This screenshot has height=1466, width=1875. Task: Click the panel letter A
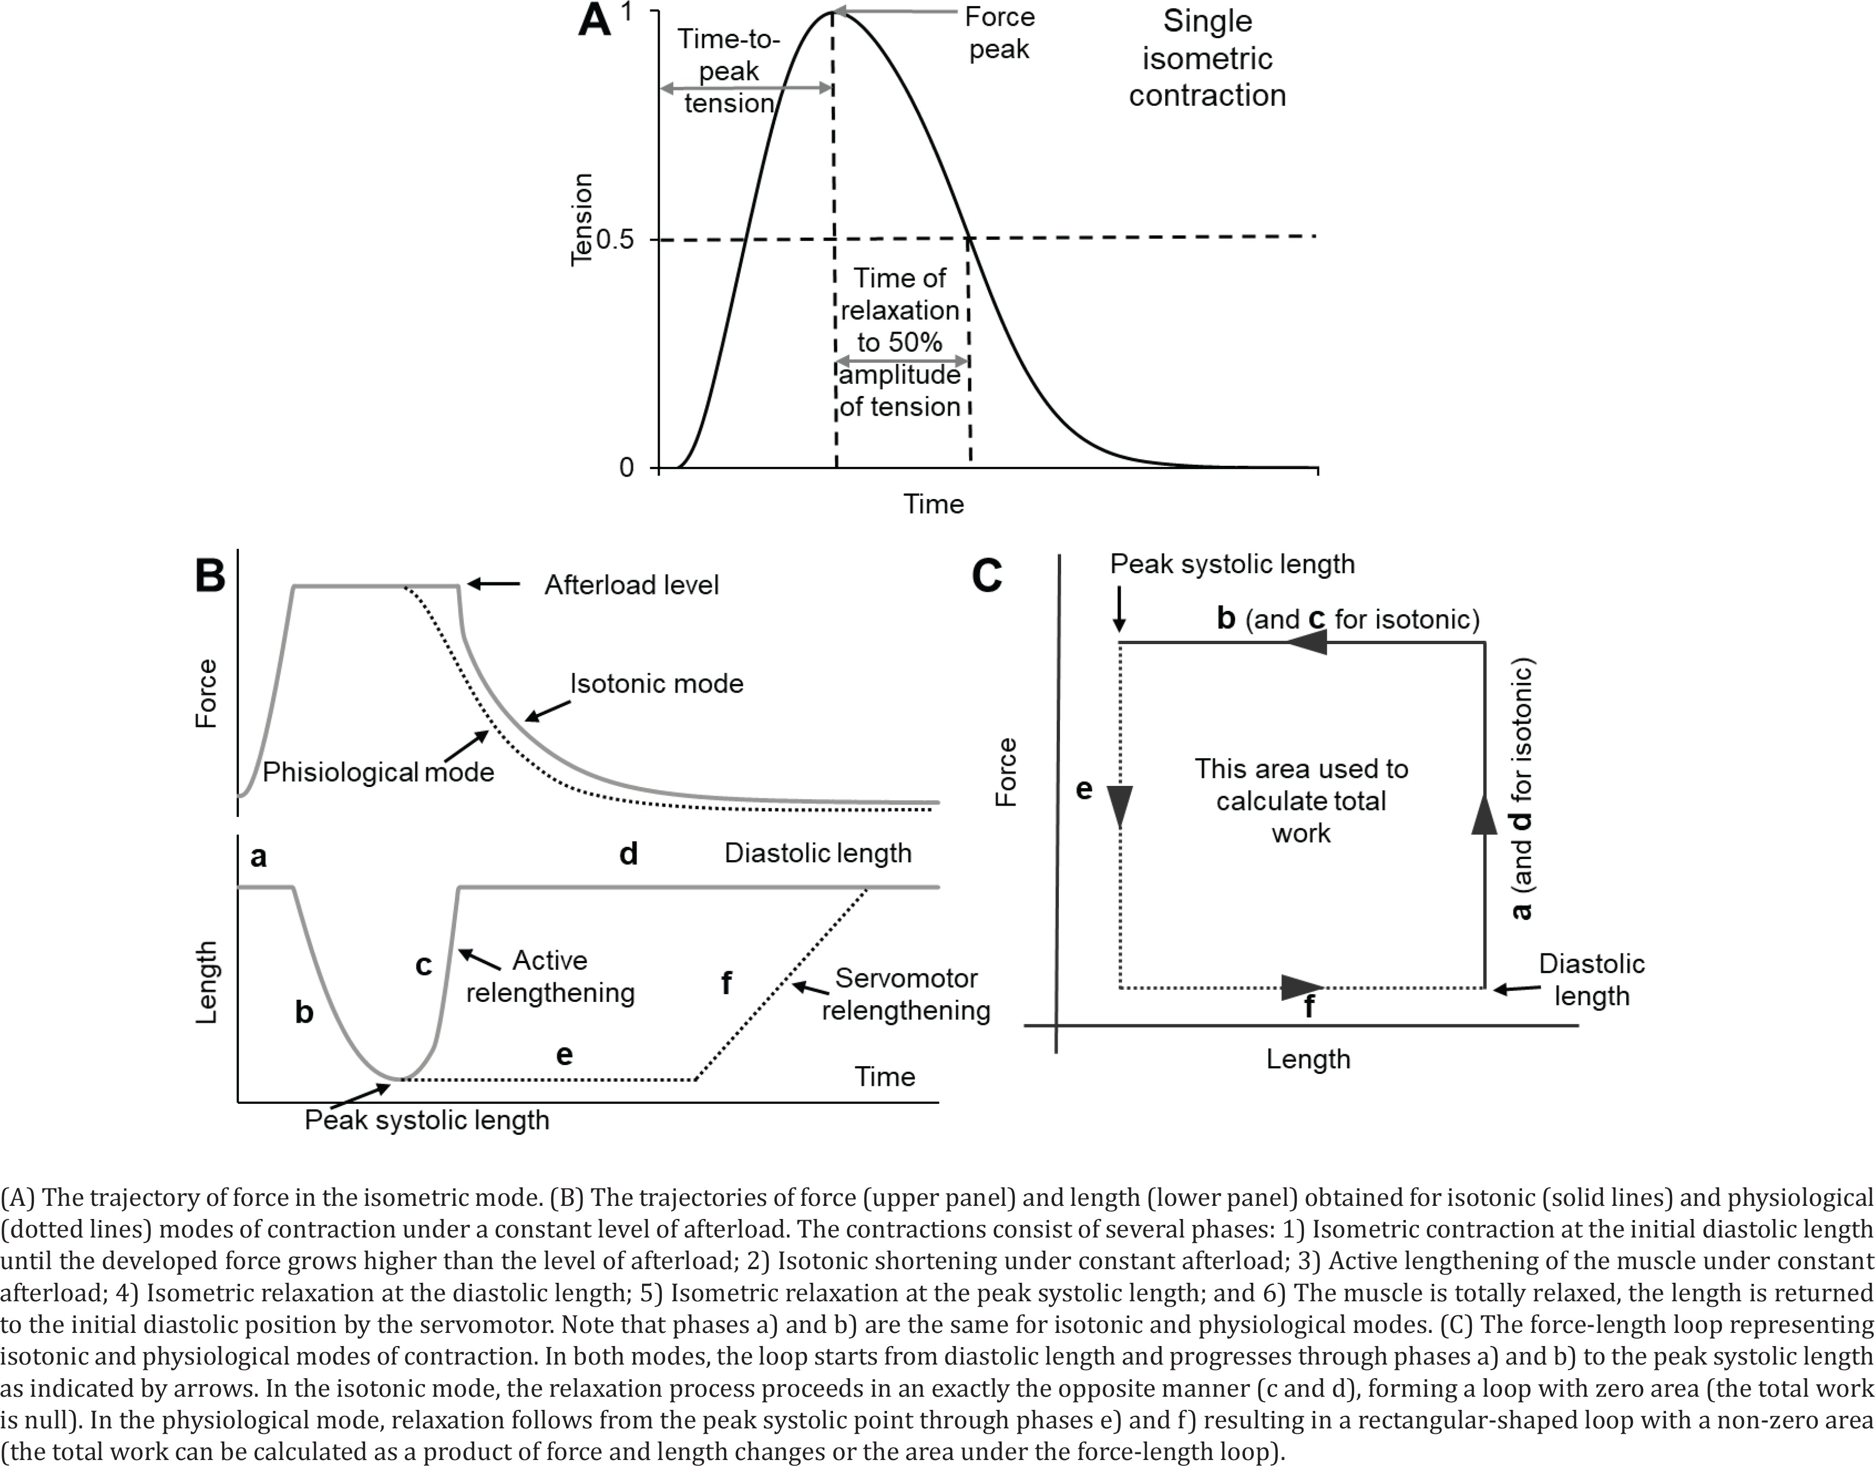pyautogui.click(x=594, y=21)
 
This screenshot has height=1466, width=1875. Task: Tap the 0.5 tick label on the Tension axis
pyautogui.click(x=615, y=239)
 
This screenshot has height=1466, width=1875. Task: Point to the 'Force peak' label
pyautogui.click(x=999, y=33)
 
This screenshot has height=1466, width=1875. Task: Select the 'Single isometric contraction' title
pyautogui.click(x=1207, y=57)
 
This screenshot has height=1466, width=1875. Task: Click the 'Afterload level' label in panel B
pyautogui.click(x=632, y=585)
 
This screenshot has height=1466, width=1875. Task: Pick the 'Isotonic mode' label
pyautogui.click(x=657, y=684)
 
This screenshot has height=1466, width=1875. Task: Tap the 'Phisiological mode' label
pyautogui.click(x=378, y=772)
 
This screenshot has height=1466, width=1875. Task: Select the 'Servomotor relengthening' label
pyautogui.click(x=906, y=994)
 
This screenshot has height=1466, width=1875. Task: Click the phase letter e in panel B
pyautogui.click(x=564, y=1055)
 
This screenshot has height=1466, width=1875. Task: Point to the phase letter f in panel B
pyautogui.click(x=726, y=982)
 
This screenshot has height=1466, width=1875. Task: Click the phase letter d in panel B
pyautogui.click(x=628, y=854)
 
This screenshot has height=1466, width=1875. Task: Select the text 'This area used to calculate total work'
pyautogui.click(x=1302, y=801)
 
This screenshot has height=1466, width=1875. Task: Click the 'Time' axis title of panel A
pyautogui.click(x=933, y=504)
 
